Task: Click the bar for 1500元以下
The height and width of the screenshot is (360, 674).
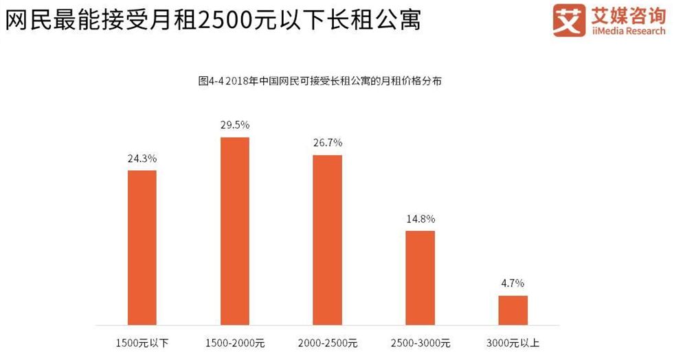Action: point(142,247)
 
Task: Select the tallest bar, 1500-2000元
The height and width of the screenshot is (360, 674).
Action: point(235,231)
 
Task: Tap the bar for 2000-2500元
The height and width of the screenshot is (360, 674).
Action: point(328,240)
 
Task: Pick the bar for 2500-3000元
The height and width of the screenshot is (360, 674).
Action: point(420,278)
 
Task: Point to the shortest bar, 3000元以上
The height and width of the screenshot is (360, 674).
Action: point(513,310)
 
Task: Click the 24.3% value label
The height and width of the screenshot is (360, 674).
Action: point(142,159)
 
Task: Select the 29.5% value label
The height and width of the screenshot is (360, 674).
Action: point(235,125)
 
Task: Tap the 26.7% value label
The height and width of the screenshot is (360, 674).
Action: point(328,143)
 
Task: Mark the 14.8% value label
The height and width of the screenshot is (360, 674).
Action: point(420,219)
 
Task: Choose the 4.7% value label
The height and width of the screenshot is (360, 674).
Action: point(513,284)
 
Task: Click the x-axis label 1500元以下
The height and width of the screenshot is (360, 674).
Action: point(142,344)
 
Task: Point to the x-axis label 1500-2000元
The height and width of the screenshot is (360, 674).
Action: point(235,344)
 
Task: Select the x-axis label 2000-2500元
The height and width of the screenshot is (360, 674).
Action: point(328,344)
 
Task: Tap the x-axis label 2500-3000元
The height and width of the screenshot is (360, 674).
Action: point(420,344)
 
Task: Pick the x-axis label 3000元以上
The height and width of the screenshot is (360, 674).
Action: point(513,344)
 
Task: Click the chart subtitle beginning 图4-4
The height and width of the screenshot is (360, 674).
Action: point(319,81)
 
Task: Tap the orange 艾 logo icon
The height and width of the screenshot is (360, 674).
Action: point(569,20)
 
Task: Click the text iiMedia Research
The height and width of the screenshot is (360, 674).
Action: point(628,31)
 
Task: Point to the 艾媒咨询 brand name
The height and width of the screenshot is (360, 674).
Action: point(628,15)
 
